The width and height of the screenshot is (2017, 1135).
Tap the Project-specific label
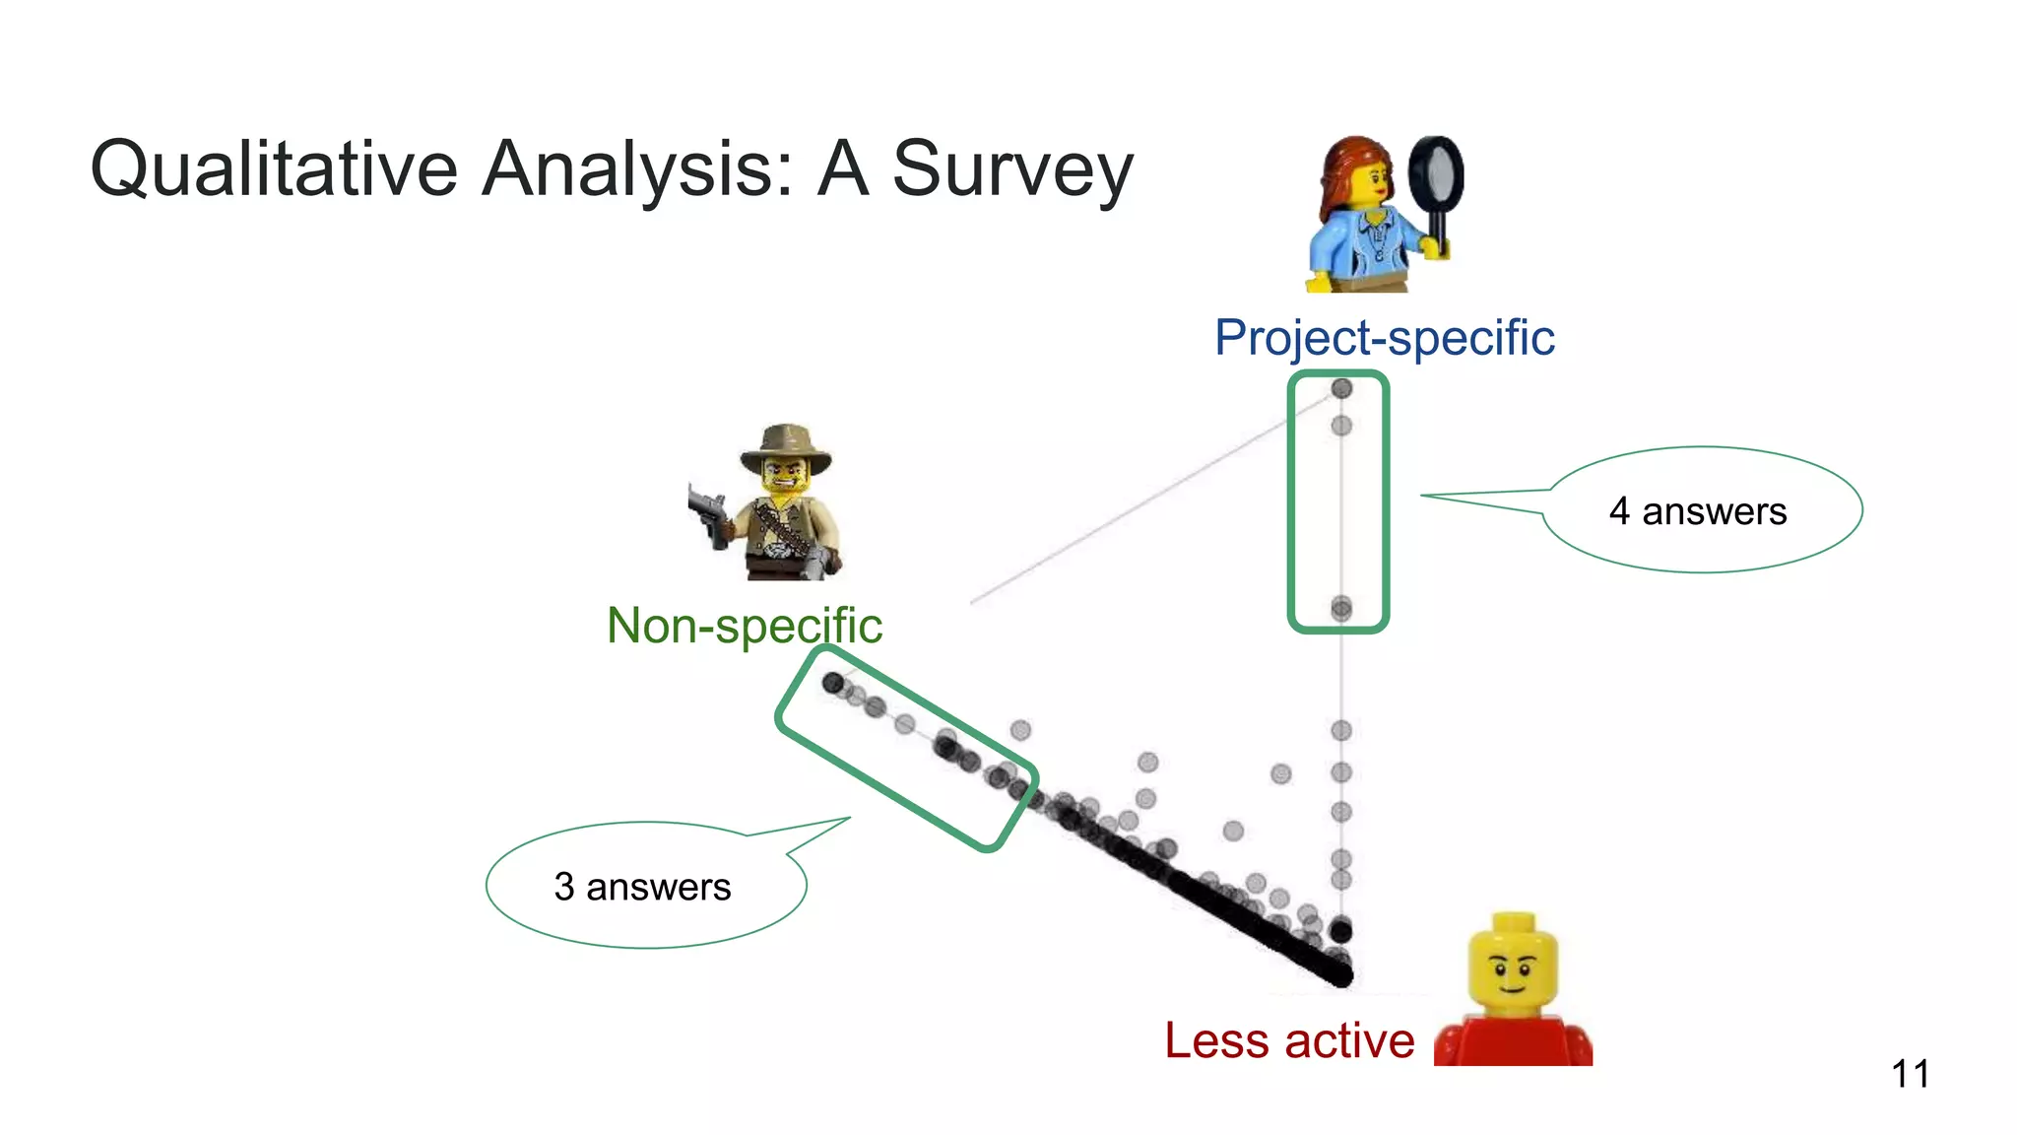(x=1384, y=338)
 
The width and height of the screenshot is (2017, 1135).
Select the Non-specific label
(x=745, y=626)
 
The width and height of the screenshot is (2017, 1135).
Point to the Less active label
(x=1289, y=1040)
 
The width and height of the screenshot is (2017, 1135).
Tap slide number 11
(x=1910, y=1074)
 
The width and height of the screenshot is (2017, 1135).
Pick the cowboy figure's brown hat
(x=785, y=446)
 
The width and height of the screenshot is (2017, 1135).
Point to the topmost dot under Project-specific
(x=1341, y=388)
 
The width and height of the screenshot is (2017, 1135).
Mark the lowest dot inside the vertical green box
(x=1341, y=609)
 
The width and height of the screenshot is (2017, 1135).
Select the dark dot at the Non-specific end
(x=833, y=682)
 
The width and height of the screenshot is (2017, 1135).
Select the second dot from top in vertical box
(x=1341, y=426)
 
